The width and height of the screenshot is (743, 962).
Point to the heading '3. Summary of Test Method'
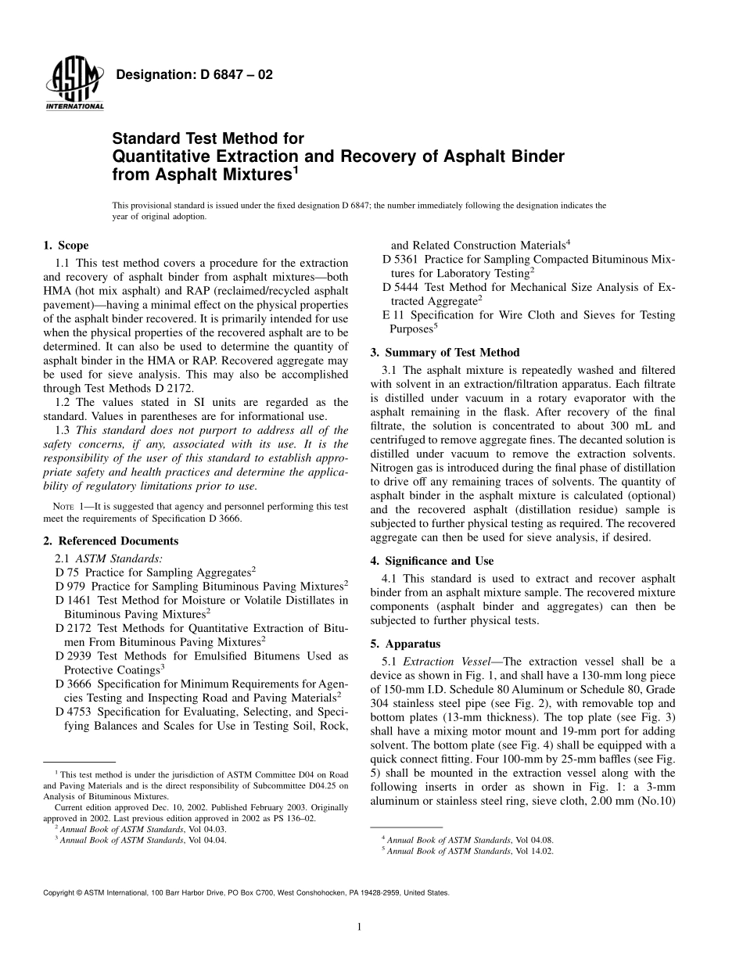tap(444, 352)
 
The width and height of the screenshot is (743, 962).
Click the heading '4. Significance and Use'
tap(432, 561)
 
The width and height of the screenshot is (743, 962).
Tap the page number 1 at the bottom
tap(358, 928)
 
